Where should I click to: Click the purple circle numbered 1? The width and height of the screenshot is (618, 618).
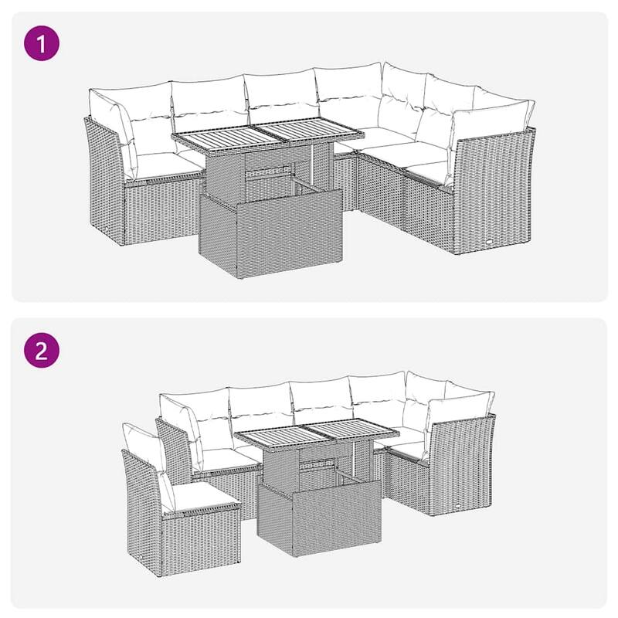(x=42, y=44)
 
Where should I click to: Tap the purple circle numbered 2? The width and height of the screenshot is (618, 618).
(x=42, y=351)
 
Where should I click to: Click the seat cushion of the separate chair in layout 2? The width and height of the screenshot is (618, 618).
(x=199, y=494)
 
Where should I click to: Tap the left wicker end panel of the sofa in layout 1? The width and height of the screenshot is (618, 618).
(x=104, y=182)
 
